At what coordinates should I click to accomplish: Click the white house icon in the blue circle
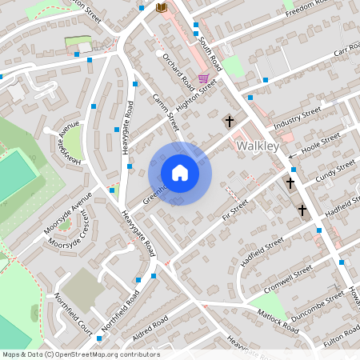(x=179, y=173)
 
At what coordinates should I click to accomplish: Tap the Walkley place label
(x=258, y=146)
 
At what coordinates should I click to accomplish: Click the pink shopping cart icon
(x=203, y=78)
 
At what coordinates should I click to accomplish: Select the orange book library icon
(x=162, y=7)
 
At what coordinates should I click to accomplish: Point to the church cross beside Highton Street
(x=230, y=121)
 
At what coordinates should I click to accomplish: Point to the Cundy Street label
(x=334, y=170)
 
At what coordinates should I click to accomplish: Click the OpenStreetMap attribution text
(x=81, y=354)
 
